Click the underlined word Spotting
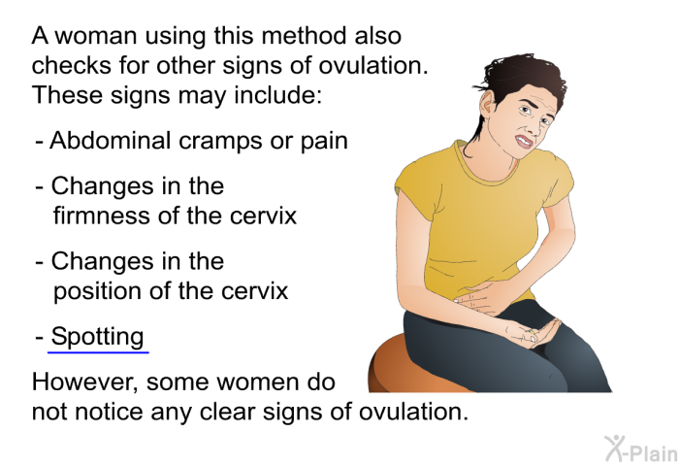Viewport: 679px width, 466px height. tap(98, 337)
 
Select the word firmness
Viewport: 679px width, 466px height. tap(101, 215)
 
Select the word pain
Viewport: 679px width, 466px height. tap(324, 141)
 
